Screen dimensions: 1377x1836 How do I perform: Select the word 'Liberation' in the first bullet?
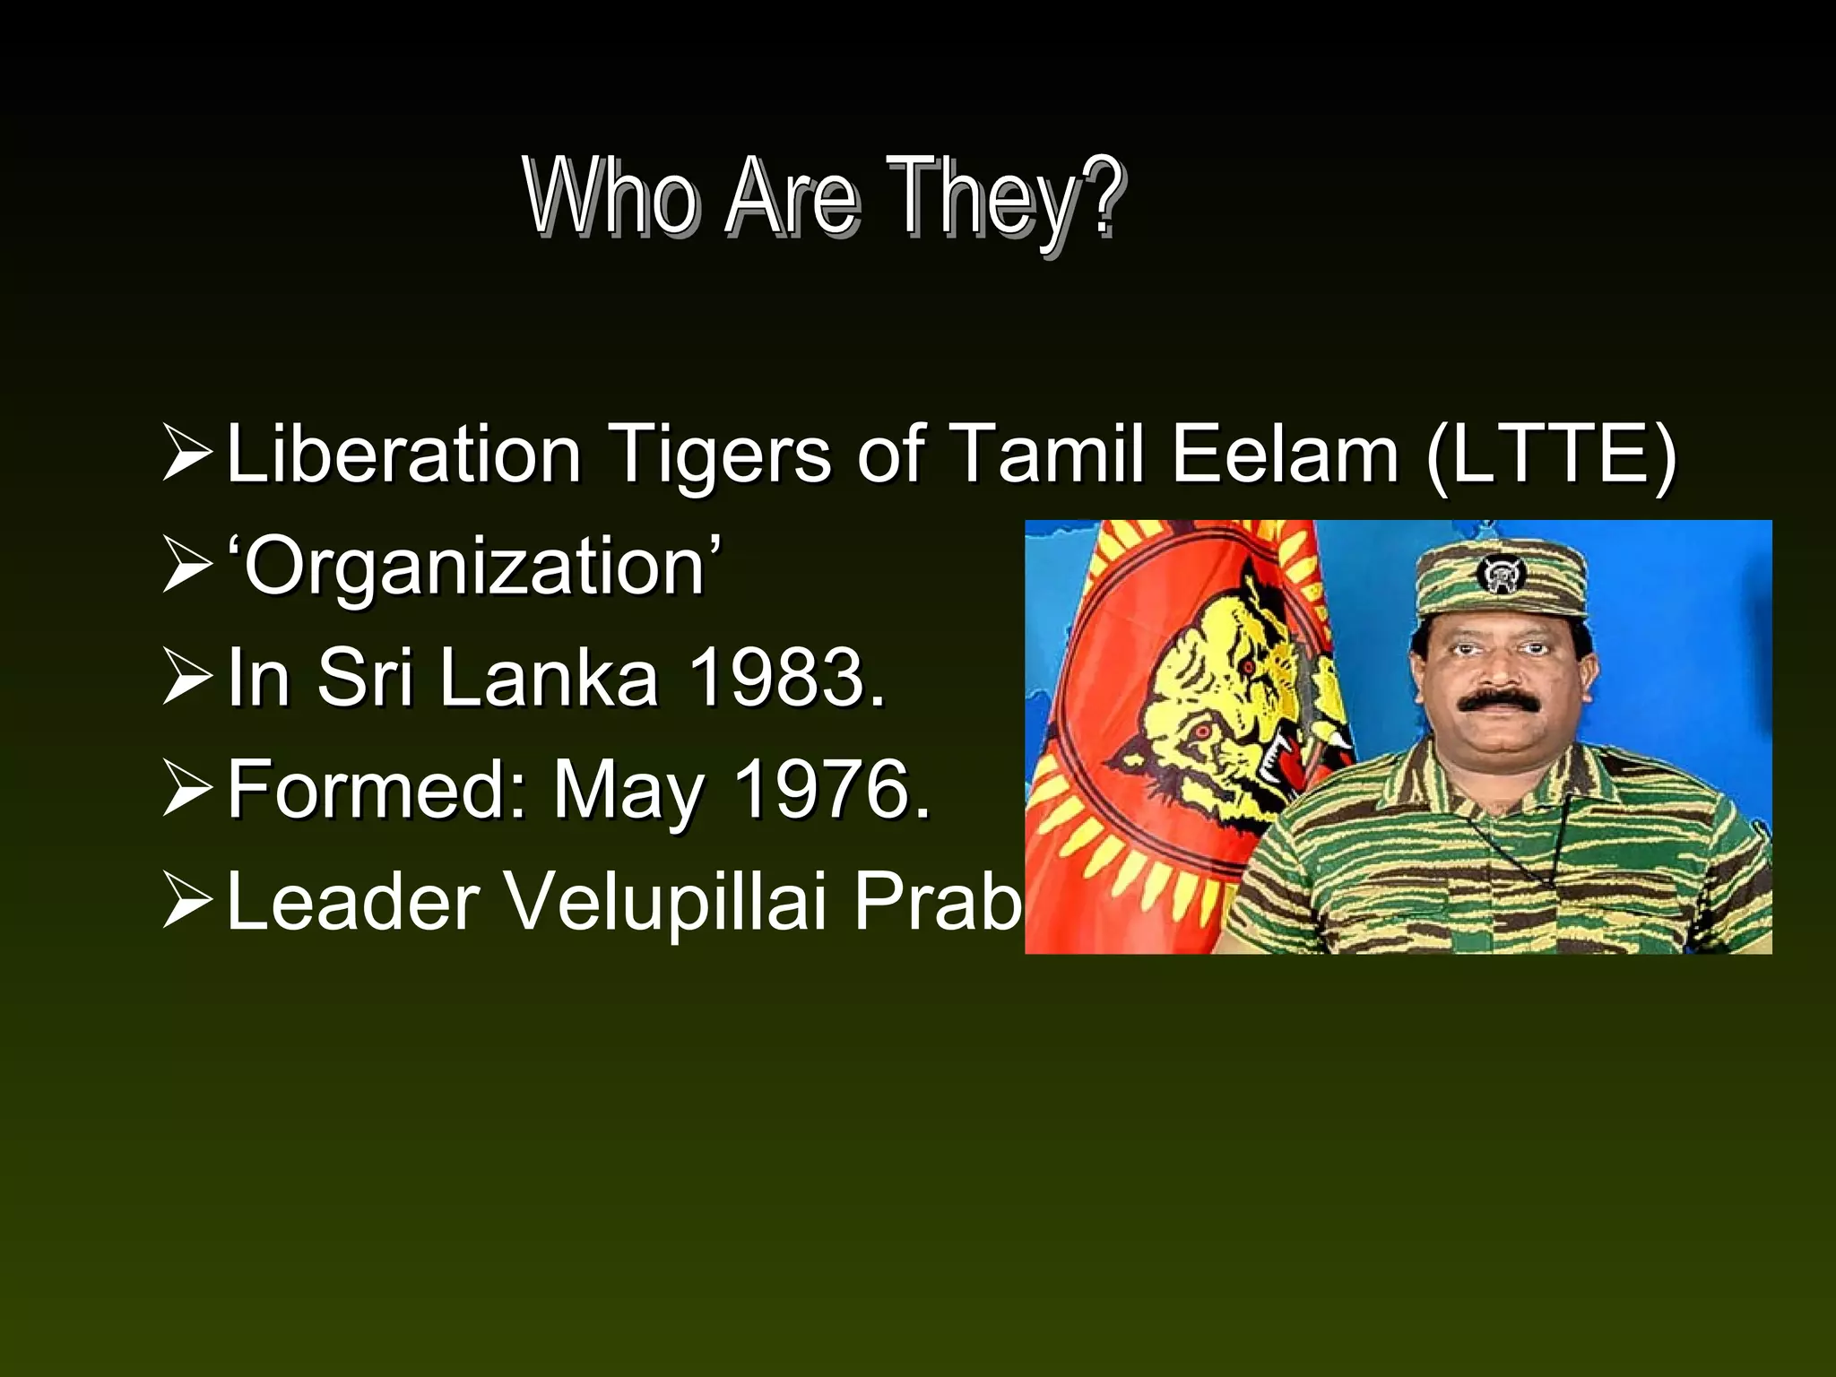click(x=403, y=454)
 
